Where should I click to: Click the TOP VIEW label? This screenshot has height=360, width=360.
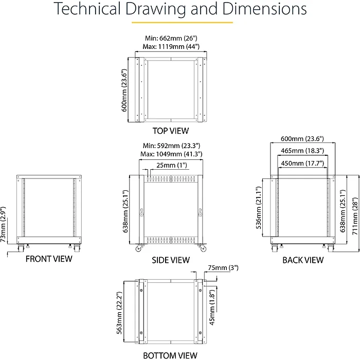(x=171, y=131)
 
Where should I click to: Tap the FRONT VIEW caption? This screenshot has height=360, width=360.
(x=49, y=259)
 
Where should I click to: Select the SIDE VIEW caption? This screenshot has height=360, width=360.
(x=171, y=260)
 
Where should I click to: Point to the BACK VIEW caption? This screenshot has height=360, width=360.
(x=303, y=260)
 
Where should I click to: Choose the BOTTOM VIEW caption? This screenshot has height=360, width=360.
(x=170, y=355)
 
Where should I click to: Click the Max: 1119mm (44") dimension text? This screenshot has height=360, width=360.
(x=171, y=47)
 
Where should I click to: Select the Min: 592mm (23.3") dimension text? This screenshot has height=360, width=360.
(x=171, y=146)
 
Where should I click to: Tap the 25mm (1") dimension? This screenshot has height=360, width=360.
(x=172, y=165)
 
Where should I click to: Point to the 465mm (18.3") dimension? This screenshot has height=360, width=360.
(x=302, y=151)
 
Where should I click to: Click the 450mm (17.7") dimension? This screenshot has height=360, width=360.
(x=302, y=163)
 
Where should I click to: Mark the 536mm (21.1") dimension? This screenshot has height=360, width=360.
(x=259, y=208)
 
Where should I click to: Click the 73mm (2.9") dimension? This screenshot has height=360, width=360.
(x=3, y=225)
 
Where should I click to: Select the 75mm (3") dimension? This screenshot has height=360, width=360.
(x=223, y=268)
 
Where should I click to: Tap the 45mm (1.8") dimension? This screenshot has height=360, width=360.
(x=212, y=307)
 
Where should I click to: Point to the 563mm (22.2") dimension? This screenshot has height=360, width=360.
(x=119, y=313)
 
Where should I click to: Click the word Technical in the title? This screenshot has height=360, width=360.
(x=87, y=9)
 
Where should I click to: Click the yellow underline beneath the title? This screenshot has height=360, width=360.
(x=182, y=23)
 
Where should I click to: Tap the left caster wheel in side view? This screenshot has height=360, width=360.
(x=138, y=248)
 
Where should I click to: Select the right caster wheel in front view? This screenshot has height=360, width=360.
(x=77, y=248)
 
